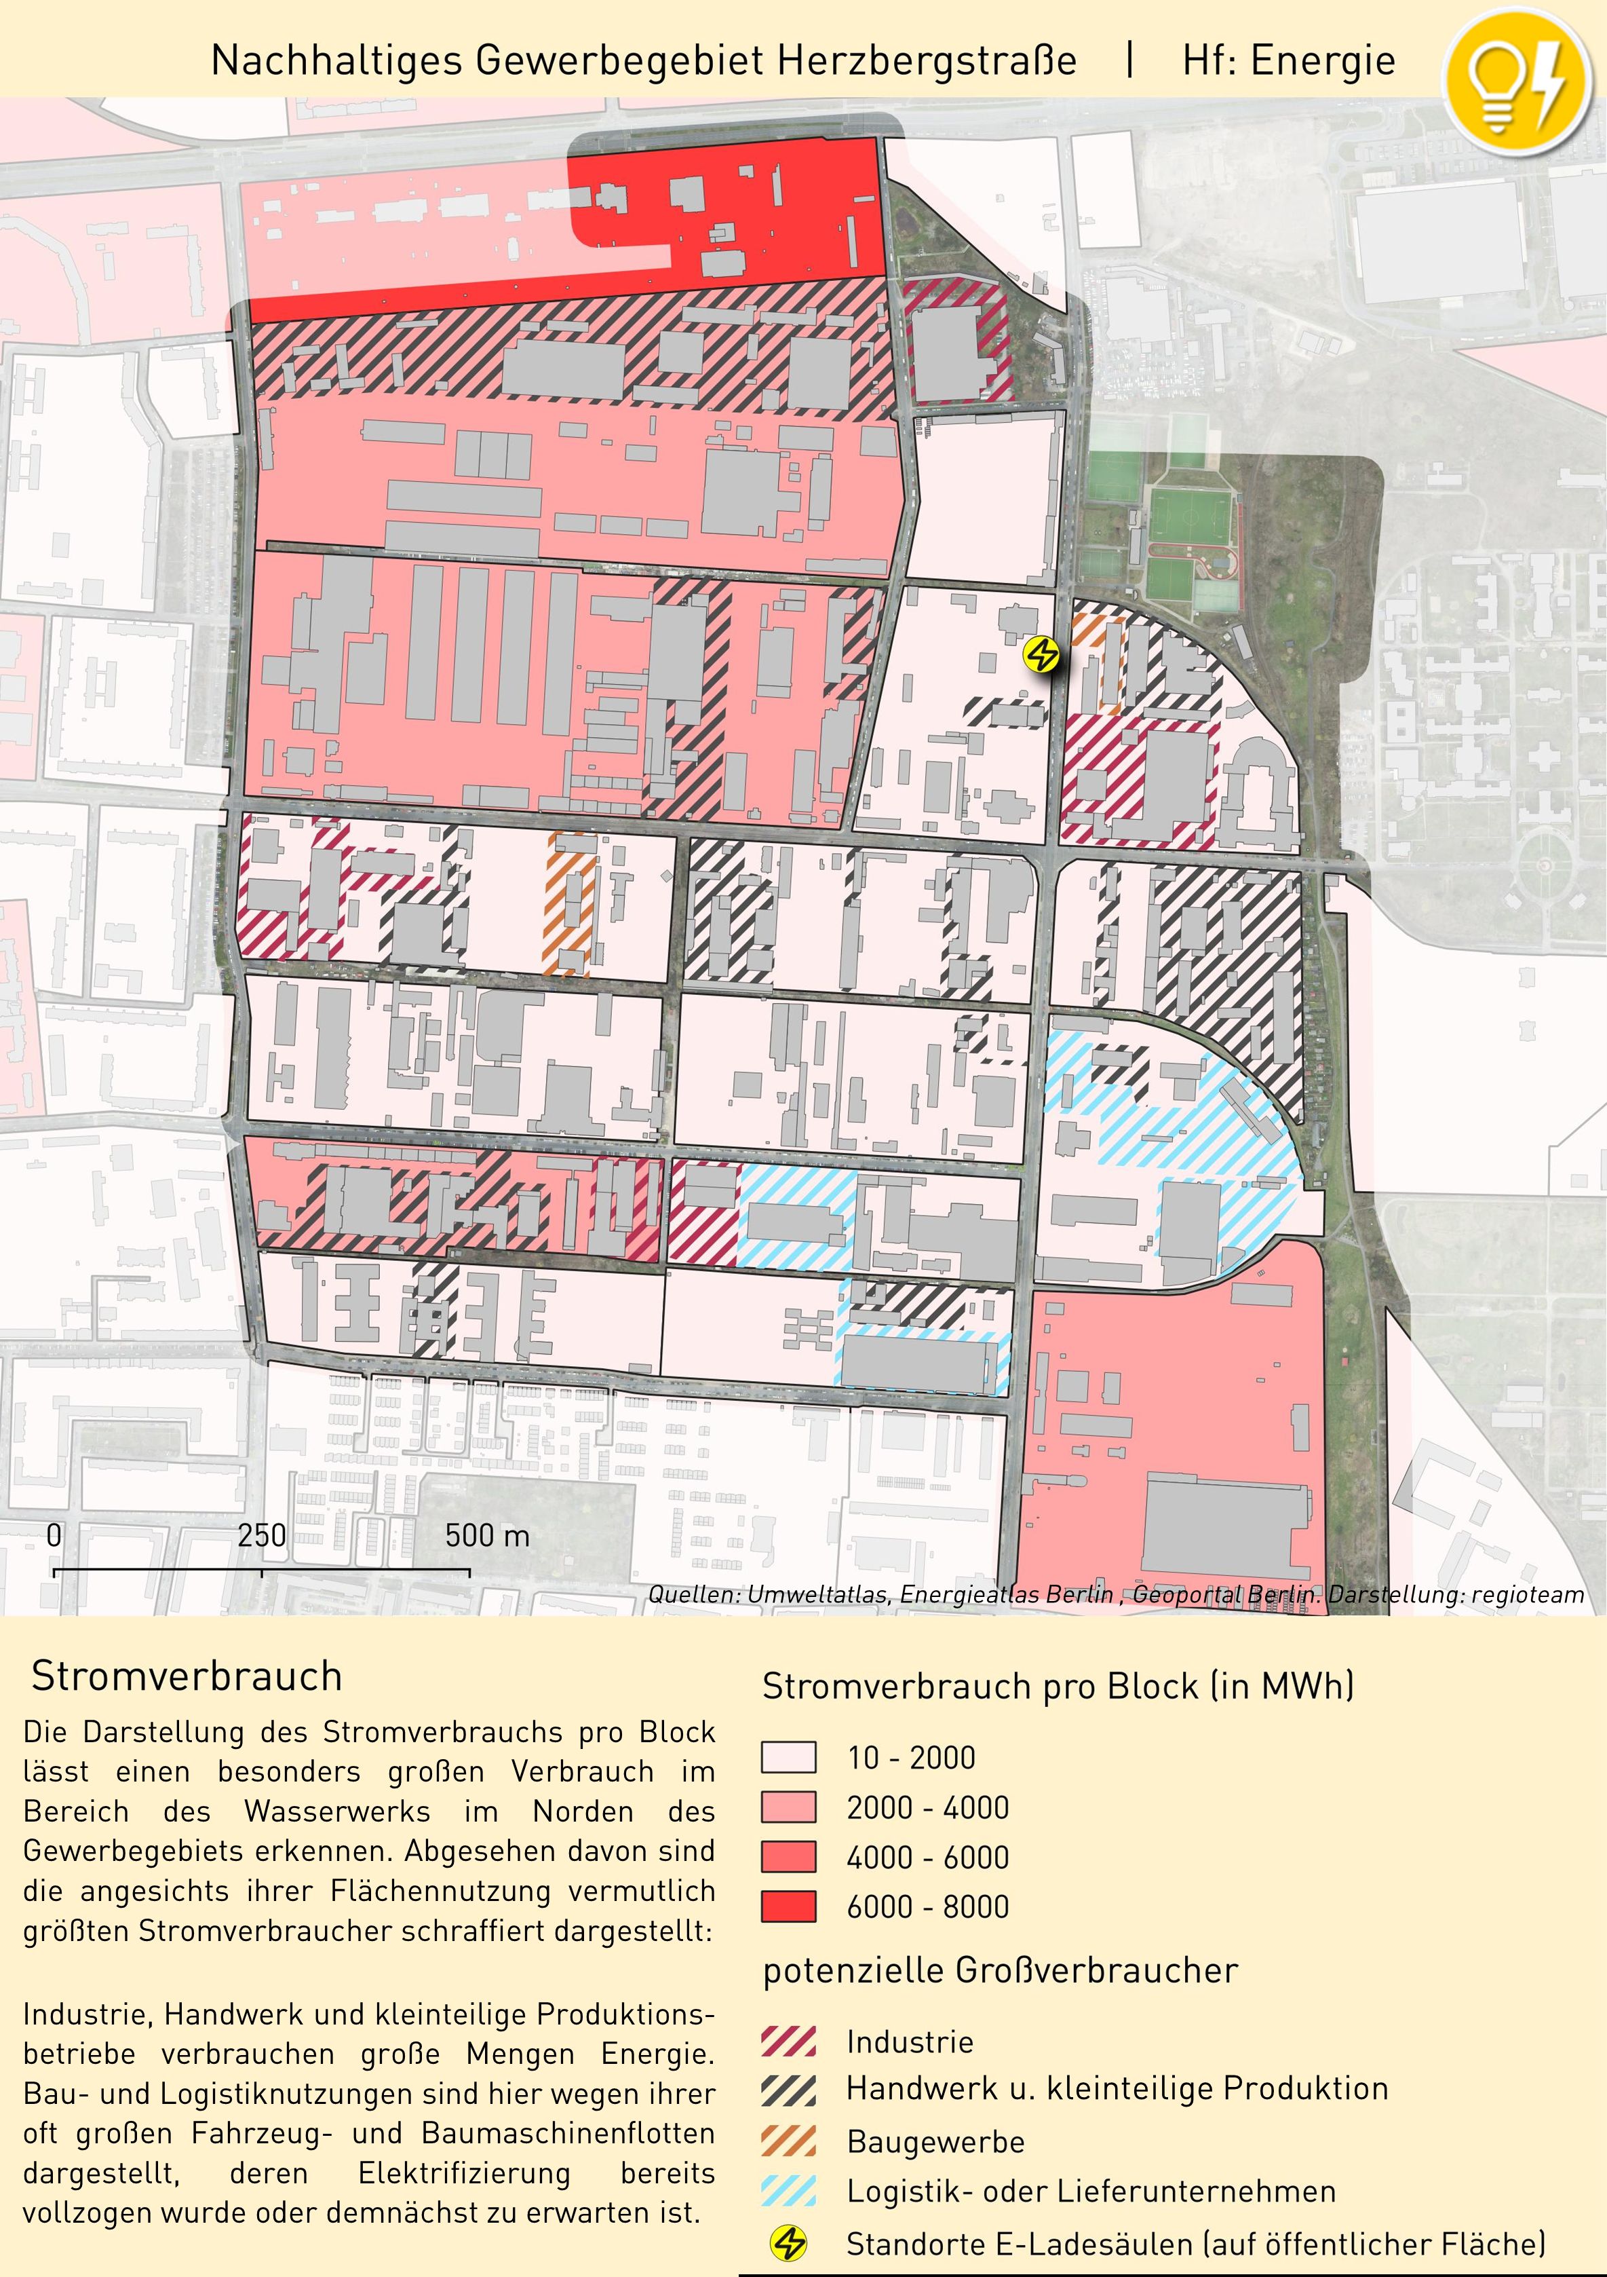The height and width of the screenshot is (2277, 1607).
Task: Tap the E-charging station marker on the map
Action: [1042, 654]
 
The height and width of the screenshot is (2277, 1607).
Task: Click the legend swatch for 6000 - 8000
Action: [788, 1906]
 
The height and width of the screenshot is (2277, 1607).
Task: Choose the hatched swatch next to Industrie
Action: [788, 2042]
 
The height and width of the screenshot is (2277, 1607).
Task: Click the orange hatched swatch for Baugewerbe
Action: [788, 2141]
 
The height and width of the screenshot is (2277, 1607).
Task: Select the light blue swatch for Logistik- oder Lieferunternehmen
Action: [788, 2191]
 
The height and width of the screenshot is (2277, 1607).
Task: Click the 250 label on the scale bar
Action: [262, 1536]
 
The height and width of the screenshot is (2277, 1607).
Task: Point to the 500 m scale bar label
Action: [487, 1536]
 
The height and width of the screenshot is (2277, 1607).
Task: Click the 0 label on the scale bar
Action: [54, 1536]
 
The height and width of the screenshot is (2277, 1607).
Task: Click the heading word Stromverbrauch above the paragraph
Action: [187, 1676]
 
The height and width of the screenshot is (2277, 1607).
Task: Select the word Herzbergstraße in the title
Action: [927, 60]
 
